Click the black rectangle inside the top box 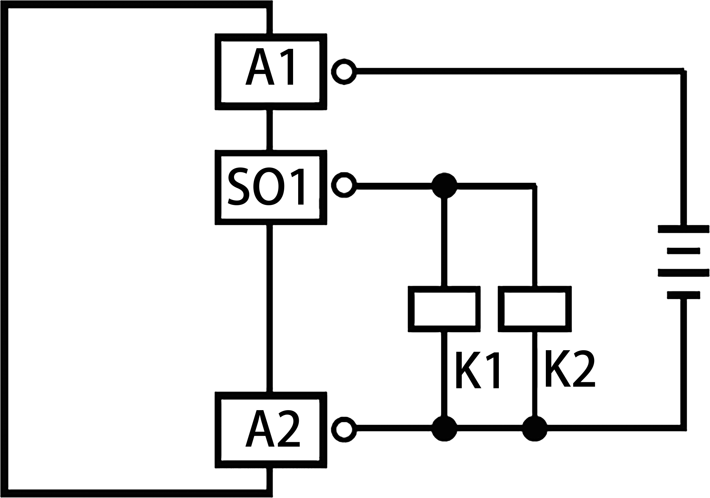coord(269,66)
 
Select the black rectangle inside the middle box coord(265,186)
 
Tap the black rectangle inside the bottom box coord(272,428)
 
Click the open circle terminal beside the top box coord(344,72)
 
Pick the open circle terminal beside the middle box coord(344,185)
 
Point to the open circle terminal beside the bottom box coord(344,430)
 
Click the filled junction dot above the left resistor coord(445,186)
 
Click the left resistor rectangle coord(444,309)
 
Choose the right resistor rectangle coord(535,309)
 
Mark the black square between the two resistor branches coord(477,370)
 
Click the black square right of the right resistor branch coord(570,369)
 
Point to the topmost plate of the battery coord(683,229)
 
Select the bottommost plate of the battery coord(683,295)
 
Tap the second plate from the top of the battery coord(683,251)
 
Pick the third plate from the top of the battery coord(683,272)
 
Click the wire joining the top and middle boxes coord(269,130)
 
